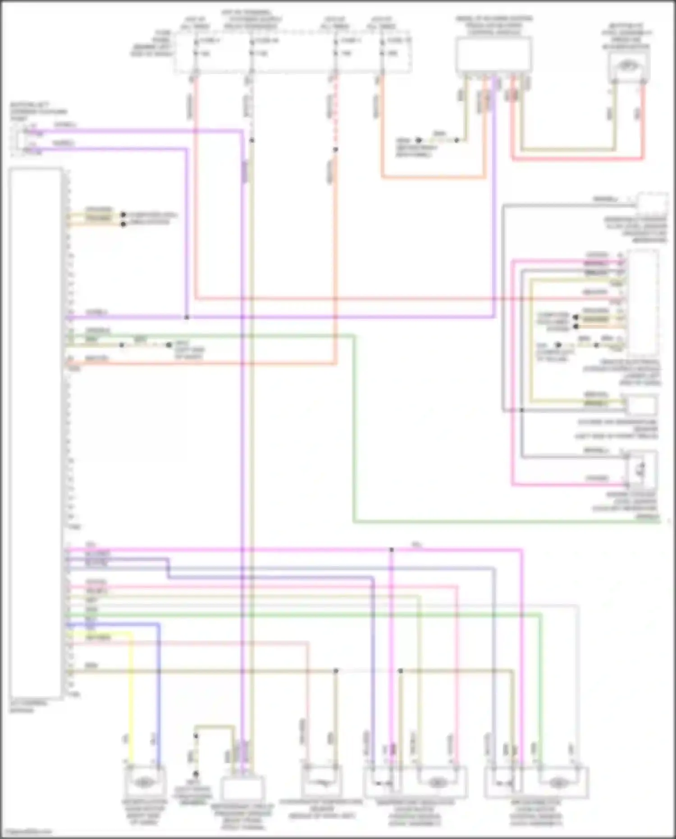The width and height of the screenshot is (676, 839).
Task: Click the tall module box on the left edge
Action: pos(36,433)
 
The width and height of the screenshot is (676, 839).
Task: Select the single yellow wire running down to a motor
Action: pos(131,699)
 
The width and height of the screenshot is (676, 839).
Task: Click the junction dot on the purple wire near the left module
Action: pos(187,317)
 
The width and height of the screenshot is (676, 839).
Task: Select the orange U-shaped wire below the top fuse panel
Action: pos(433,177)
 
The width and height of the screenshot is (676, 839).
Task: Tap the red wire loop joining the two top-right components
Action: pos(577,159)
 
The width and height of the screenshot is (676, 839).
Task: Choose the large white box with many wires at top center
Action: pos(493,54)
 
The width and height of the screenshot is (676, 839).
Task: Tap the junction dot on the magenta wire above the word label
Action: pos(392,550)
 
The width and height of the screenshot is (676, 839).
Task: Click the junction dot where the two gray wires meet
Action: pos(521,410)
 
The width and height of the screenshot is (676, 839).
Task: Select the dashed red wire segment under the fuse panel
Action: pos(335,113)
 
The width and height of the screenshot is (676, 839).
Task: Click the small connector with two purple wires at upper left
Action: pos(20,140)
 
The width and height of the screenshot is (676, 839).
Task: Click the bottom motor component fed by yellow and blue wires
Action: pos(143,782)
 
